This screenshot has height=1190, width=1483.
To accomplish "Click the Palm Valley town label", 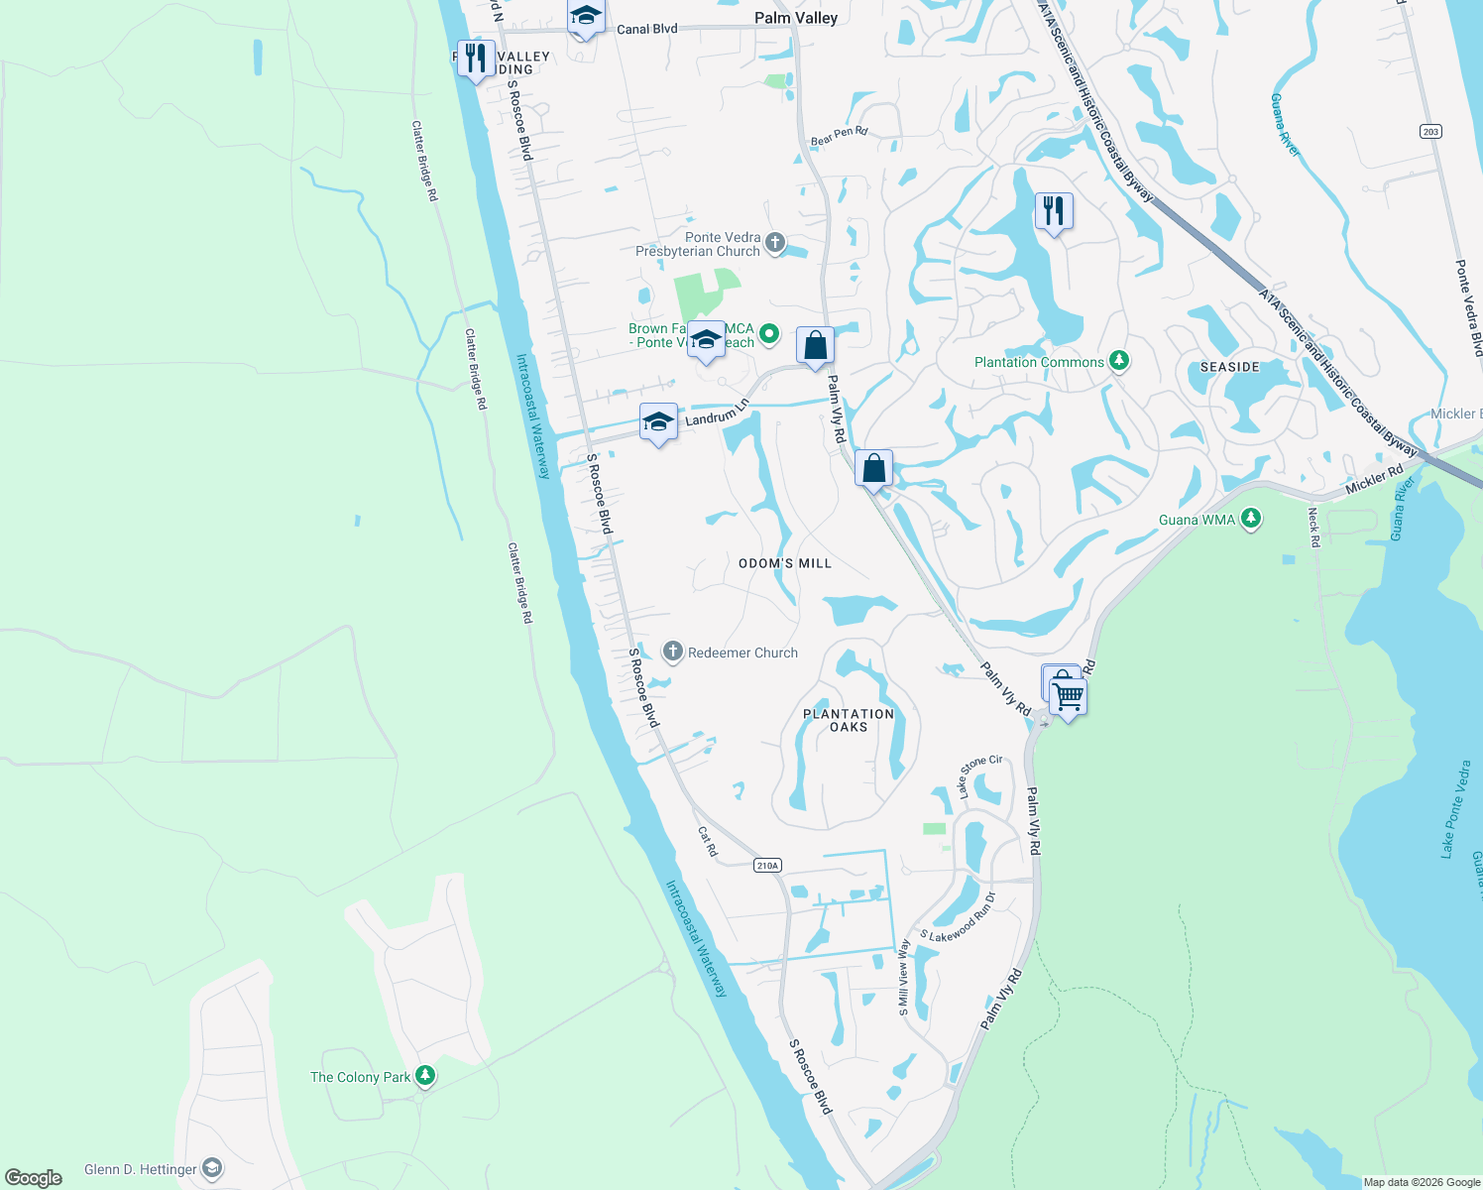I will [795, 18].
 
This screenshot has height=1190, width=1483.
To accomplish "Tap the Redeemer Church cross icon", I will [673, 652].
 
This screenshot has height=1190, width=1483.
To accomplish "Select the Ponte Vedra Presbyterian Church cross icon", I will [775, 242].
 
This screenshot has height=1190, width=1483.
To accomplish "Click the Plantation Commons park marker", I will [1119, 361].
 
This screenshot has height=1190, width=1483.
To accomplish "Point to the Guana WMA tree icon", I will [1251, 519].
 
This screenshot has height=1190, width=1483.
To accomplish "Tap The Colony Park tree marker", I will [424, 1076].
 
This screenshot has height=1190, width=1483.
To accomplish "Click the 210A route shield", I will [767, 865].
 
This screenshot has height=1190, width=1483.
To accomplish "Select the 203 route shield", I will [1429, 131].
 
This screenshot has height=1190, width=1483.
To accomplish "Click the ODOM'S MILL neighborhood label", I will [785, 563].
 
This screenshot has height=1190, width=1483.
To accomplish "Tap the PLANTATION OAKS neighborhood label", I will [849, 720].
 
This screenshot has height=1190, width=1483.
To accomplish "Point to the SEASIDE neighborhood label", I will [1229, 367].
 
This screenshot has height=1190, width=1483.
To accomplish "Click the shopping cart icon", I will [1067, 696].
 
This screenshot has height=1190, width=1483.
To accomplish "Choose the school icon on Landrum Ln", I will [658, 422].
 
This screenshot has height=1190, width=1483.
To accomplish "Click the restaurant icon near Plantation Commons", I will [1054, 210].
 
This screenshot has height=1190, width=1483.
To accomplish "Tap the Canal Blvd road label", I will [647, 29].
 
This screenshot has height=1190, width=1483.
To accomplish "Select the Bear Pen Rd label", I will [839, 136].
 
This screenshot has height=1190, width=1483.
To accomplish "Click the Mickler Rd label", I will [1374, 479].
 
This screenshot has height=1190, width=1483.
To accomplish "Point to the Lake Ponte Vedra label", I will [1454, 808].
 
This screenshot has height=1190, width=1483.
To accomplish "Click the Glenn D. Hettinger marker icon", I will [212, 1169].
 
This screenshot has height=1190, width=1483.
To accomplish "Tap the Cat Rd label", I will [707, 841].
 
